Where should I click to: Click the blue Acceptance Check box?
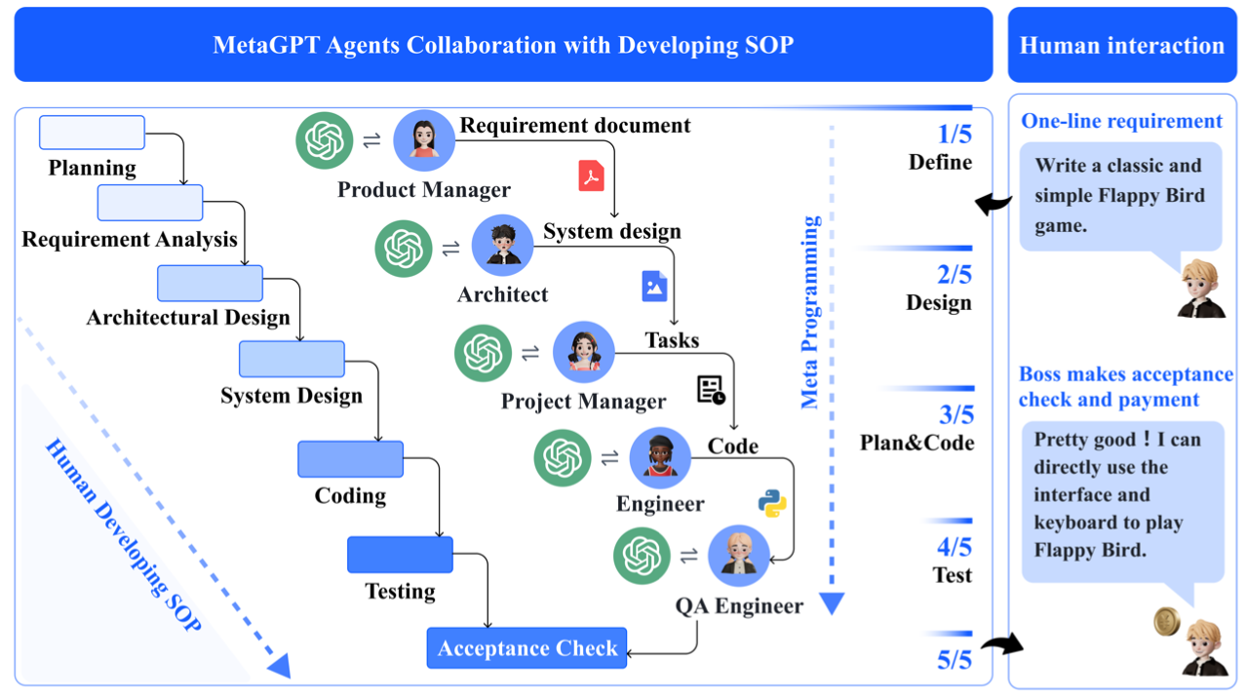point(526,648)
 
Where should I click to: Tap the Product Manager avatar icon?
point(424,140)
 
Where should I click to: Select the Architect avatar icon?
point(503,245)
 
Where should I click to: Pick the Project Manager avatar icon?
point(584,352)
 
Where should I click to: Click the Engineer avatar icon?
point(660,457)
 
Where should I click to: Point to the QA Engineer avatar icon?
point(738,556)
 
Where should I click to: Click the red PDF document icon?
point(592,175)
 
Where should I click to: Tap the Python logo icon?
point(772,503)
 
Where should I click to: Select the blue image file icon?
point(654,286)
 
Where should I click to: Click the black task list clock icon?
point(712,390)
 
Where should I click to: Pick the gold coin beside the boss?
point(1167,621)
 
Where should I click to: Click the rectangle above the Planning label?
point(92,133)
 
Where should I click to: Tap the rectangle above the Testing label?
point(400,555)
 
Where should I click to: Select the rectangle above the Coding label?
point(350,459)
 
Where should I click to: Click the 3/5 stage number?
point(955,415)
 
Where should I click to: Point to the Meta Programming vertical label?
point(810,312)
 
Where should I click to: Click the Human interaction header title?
point(1121,45)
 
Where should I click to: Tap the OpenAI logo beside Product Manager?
point(325,140)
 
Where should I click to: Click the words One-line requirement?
point(1121,121)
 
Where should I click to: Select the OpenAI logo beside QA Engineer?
point(642,556)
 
